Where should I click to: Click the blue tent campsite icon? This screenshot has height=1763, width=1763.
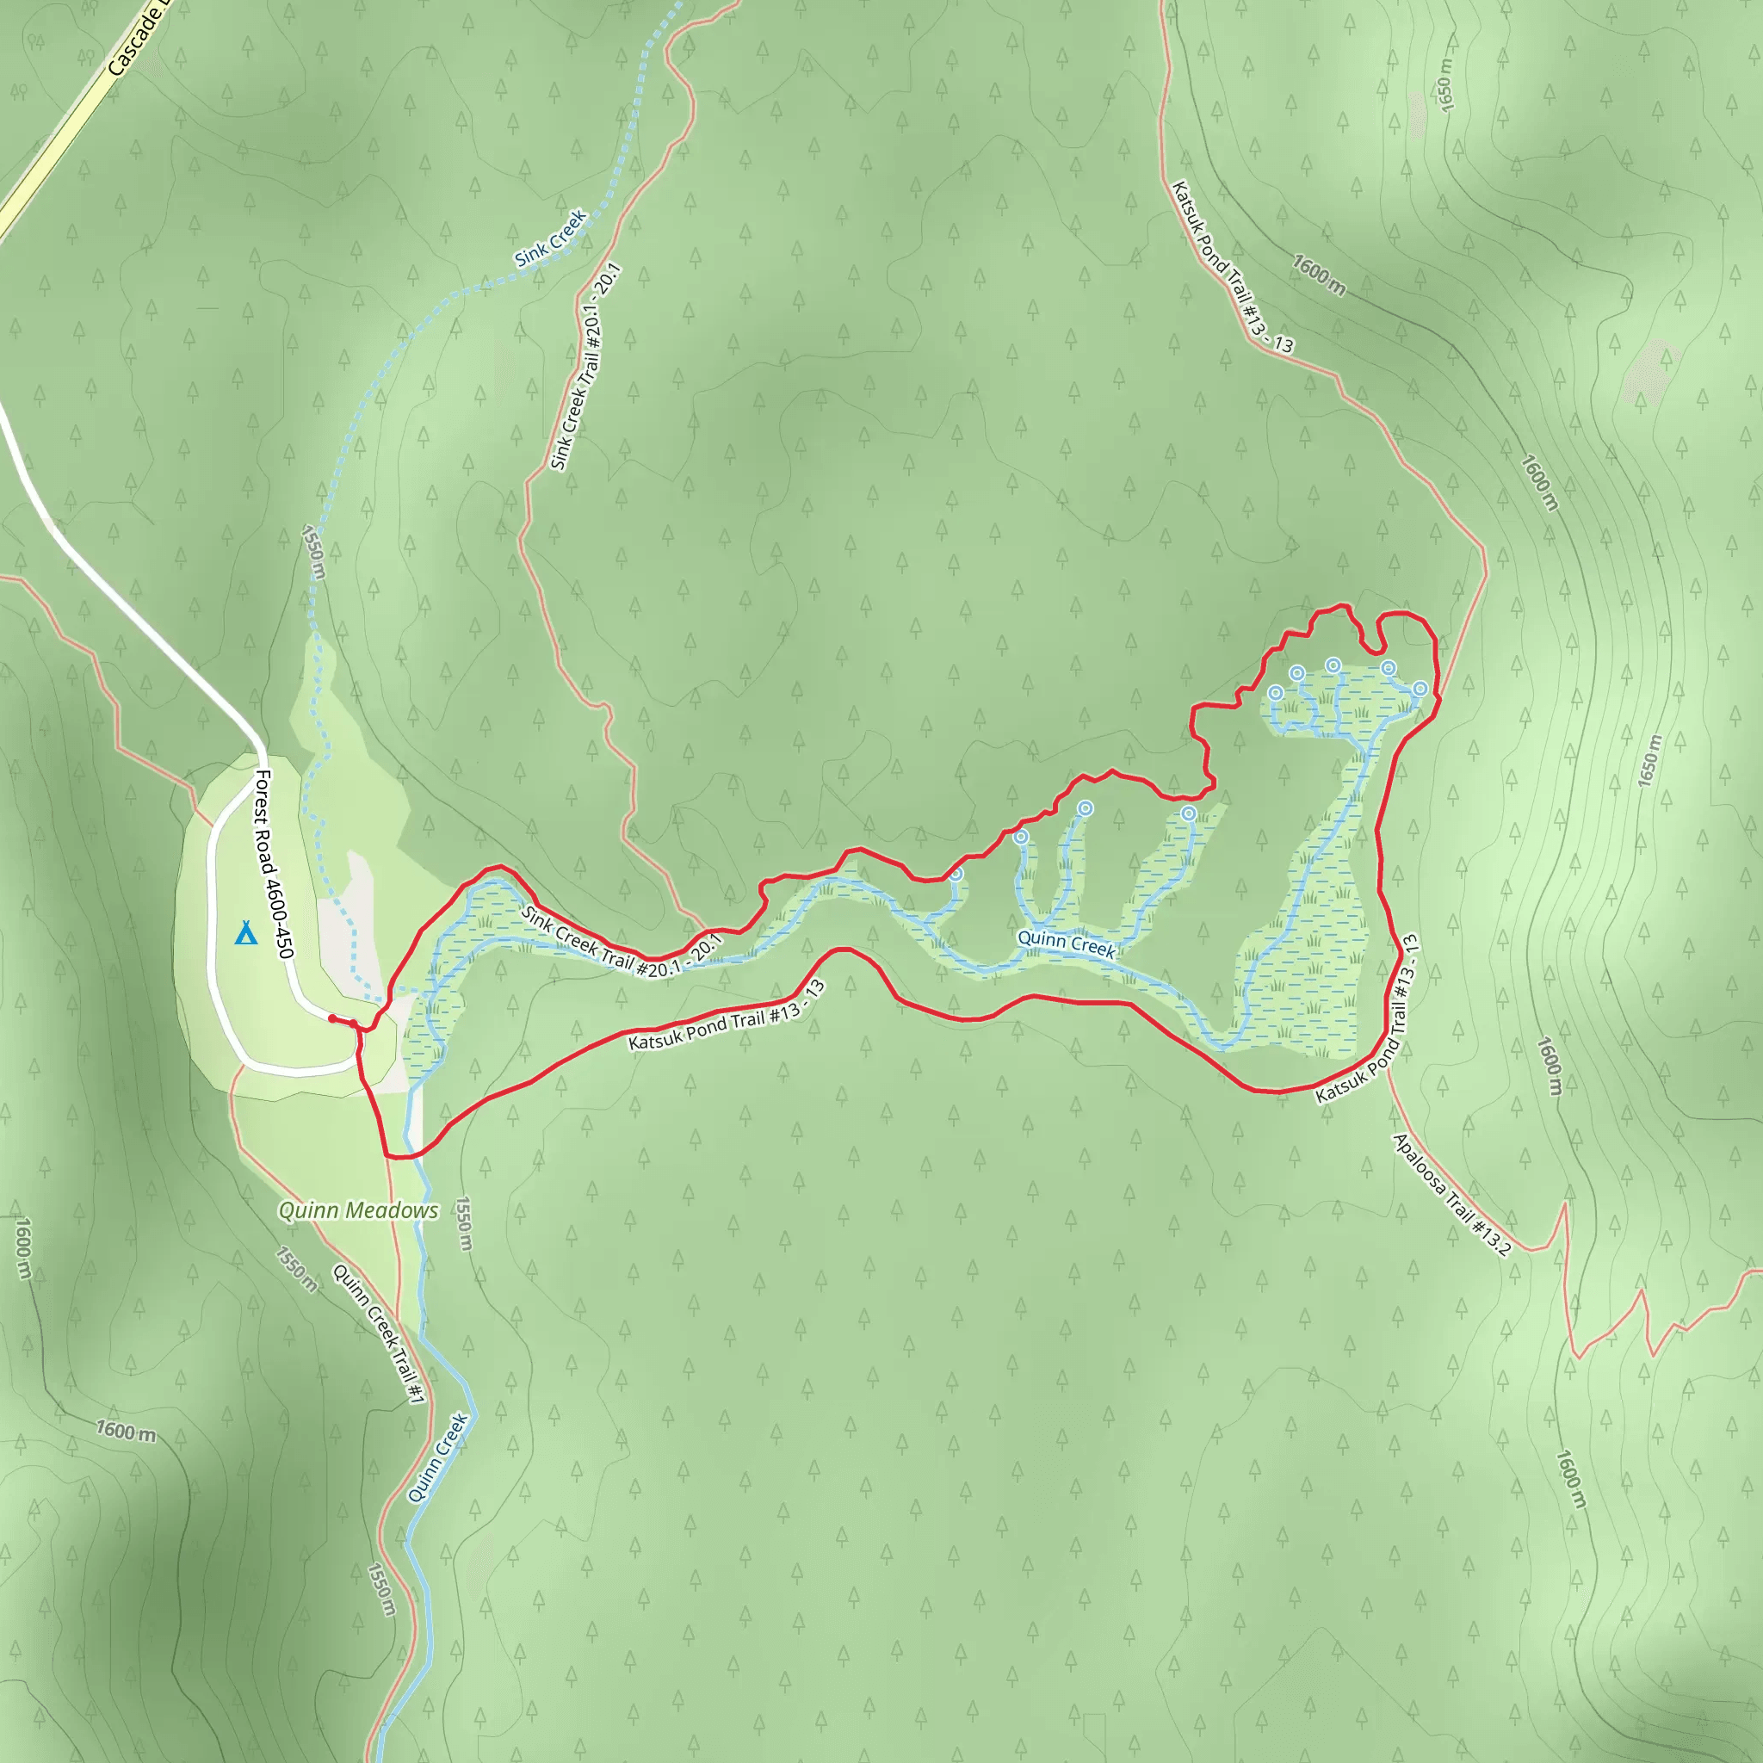[x=245, y=933]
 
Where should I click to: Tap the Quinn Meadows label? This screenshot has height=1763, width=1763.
[x=359, y=1210]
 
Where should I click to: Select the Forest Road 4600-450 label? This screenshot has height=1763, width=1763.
[x=274, y=864]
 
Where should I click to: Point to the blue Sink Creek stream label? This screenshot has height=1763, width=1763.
[x=550, y=239]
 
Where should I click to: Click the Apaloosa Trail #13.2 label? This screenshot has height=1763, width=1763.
[x=1451, y=1194]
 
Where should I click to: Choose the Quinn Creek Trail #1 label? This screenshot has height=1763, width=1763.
[x=379, y=1333]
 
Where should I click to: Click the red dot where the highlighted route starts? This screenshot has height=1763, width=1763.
[x=332, y=1018]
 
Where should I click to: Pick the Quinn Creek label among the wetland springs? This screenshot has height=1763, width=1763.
[x=1066, y=943]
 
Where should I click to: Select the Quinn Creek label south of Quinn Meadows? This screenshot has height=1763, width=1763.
[x=438, y=1457]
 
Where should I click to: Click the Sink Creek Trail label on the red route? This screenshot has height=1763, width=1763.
[x=622, y=943]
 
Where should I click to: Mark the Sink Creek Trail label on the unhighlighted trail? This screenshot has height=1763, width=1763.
[x=586, y=367]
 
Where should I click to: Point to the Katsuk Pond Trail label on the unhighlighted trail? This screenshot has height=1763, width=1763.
[x=1232, y=267]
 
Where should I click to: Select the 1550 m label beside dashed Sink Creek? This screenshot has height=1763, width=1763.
[x=313, y=551]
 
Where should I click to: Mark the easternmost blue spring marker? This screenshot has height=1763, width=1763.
[x=1420, y=688]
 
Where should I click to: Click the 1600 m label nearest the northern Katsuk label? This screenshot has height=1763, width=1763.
[x=1319, y=275]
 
